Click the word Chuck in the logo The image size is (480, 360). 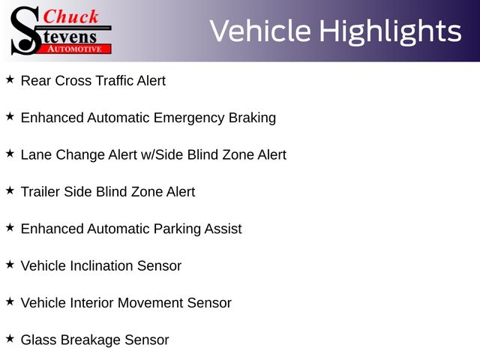[x=70, y=16]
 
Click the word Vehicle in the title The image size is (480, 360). [x=260, y=31]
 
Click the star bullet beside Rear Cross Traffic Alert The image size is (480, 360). [x=10, y=79]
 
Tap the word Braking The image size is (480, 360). [x=252, y=118]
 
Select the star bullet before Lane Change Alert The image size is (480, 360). [x=10, y=154]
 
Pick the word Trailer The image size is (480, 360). [x=40, y=192]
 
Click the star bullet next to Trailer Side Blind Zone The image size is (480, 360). [x=10, y=190]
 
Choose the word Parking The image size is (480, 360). [x=177, y=229]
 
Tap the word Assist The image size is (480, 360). [x=223, y=229]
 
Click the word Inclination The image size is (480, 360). [x=101, y=266]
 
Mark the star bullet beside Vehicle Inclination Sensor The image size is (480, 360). [x=10, y=265]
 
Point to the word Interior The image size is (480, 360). [x=91, y=303]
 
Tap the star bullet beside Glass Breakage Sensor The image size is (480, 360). [x=10, y=339]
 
